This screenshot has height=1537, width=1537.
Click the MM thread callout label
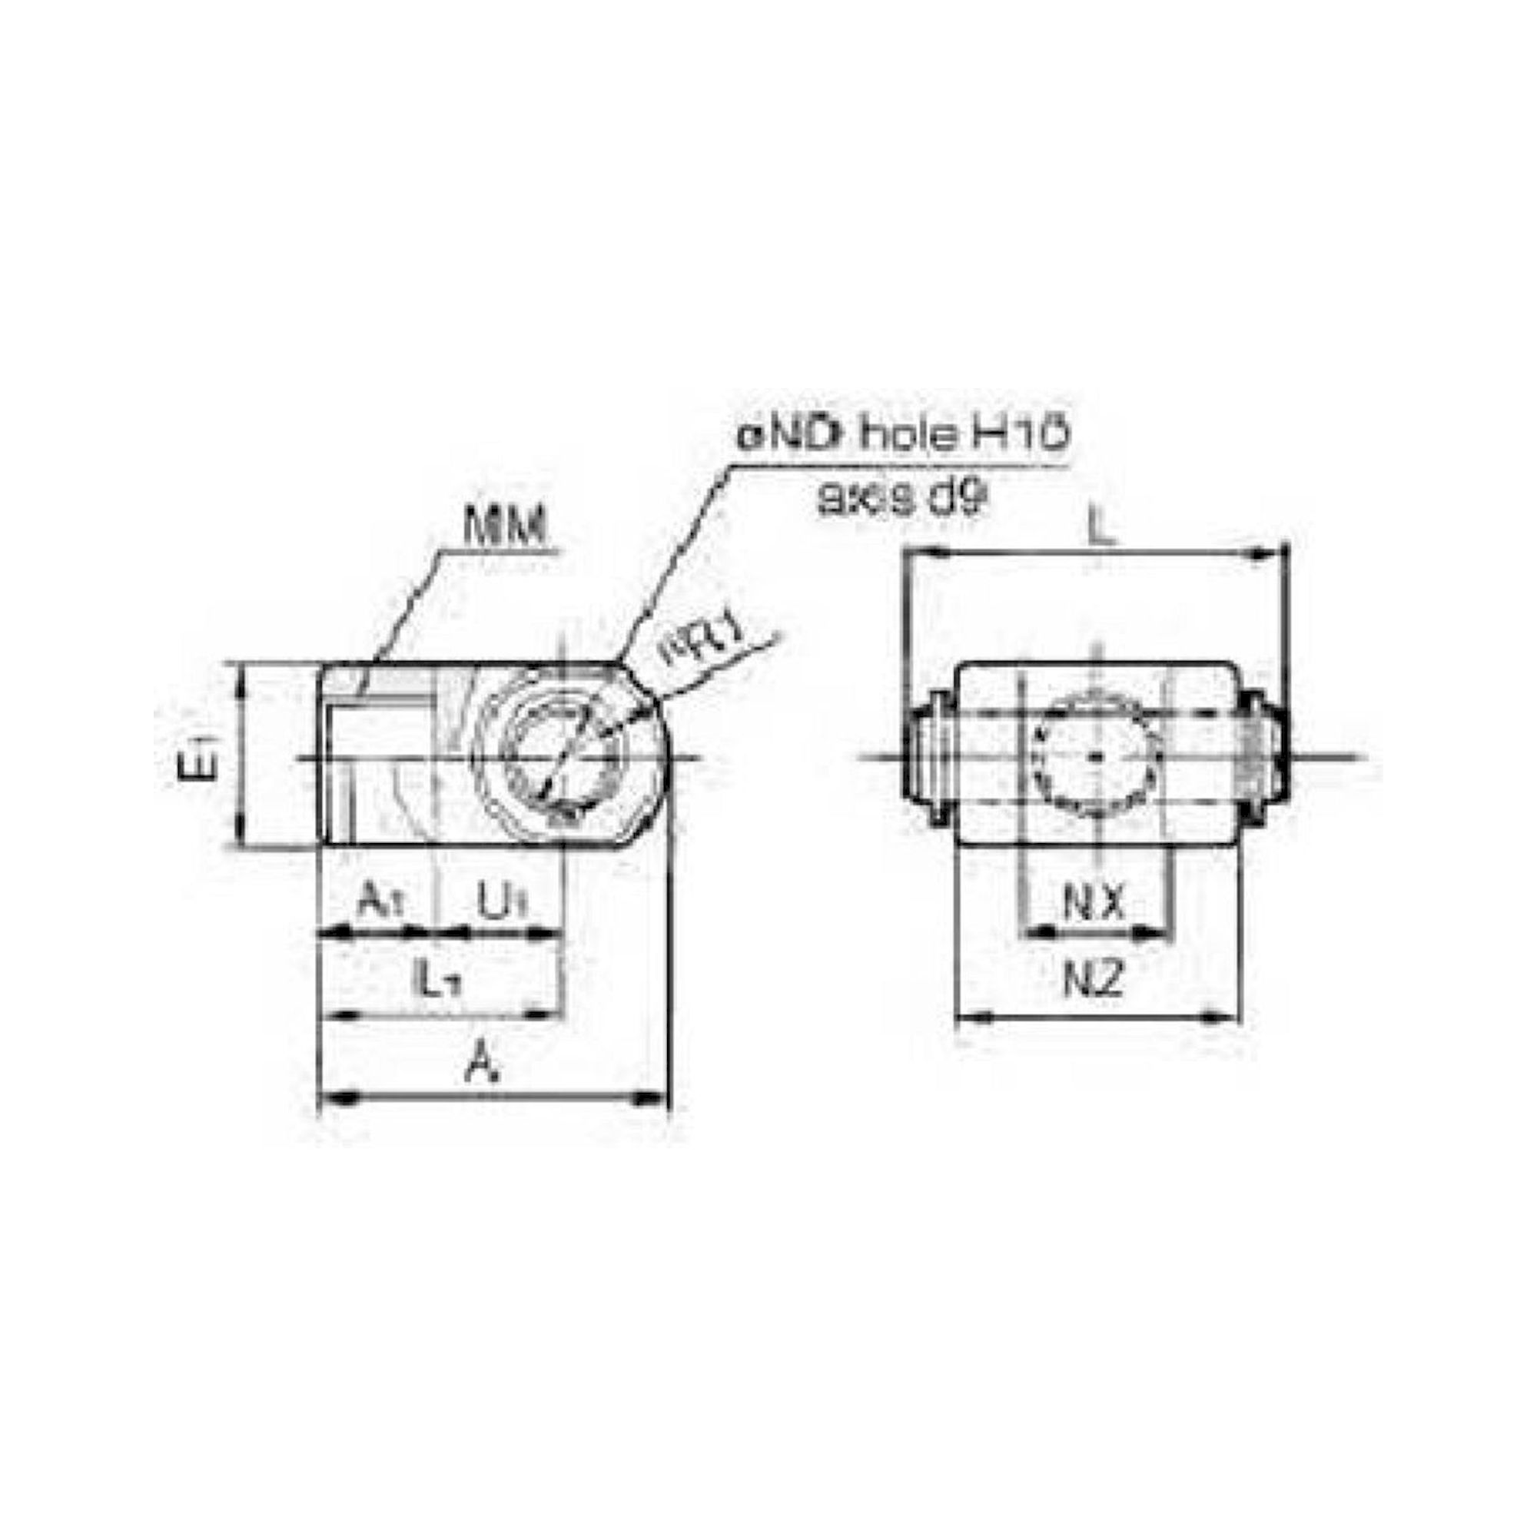point(506,526)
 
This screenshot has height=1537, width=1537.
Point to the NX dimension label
point(1094,903)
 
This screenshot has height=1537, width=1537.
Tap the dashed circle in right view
point(1097,755)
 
